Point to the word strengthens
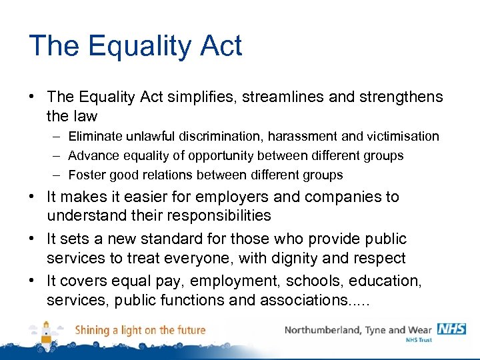[x=400, y=97]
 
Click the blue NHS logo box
[x=451, y=329]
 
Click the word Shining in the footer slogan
[x=93, y=330]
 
